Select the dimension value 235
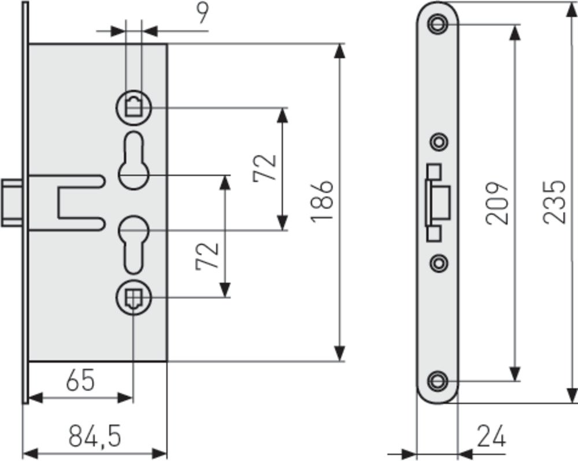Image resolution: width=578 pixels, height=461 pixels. tap(554, 202)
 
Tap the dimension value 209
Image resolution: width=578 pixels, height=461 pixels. tap(497, 203)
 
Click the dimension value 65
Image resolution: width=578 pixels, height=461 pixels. tap(80, 381)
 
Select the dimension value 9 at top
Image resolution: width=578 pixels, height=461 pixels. tap(201, 13)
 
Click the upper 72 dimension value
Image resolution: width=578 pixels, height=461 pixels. tap(265, 168)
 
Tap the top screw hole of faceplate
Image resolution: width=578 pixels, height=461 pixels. tap(438, 24)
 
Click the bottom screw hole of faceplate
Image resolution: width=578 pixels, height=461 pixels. tap(438, 380)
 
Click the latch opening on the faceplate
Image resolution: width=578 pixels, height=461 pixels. tap(438, 203)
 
